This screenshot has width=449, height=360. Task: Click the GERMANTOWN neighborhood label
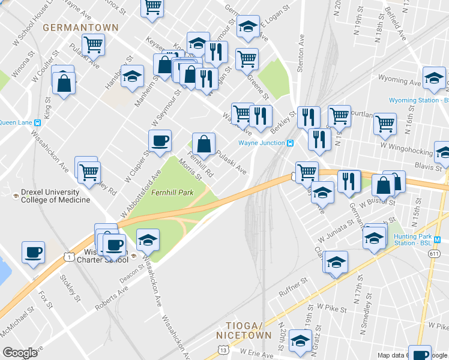(80, 28)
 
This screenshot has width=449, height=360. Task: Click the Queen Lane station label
(16, 122)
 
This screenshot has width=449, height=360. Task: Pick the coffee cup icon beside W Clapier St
(160, 141)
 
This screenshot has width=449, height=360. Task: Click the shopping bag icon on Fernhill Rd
(204, 144)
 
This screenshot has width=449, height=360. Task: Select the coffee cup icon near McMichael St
(34, 252)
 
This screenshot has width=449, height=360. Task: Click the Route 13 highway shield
(223, 349)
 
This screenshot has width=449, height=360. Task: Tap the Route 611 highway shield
(433, 254)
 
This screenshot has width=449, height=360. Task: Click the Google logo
(20, 352)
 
